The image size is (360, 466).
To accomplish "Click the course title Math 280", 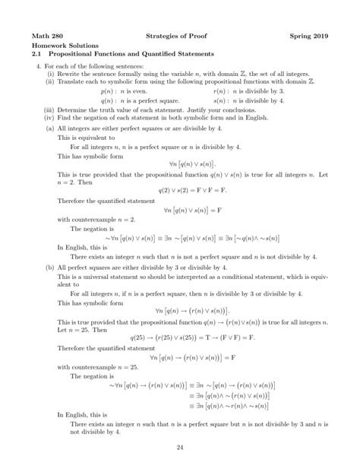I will click(x=47, y=36).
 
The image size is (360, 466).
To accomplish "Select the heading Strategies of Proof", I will click(x=180, y=36).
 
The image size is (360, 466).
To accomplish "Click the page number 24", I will click(x=180, y=447).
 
